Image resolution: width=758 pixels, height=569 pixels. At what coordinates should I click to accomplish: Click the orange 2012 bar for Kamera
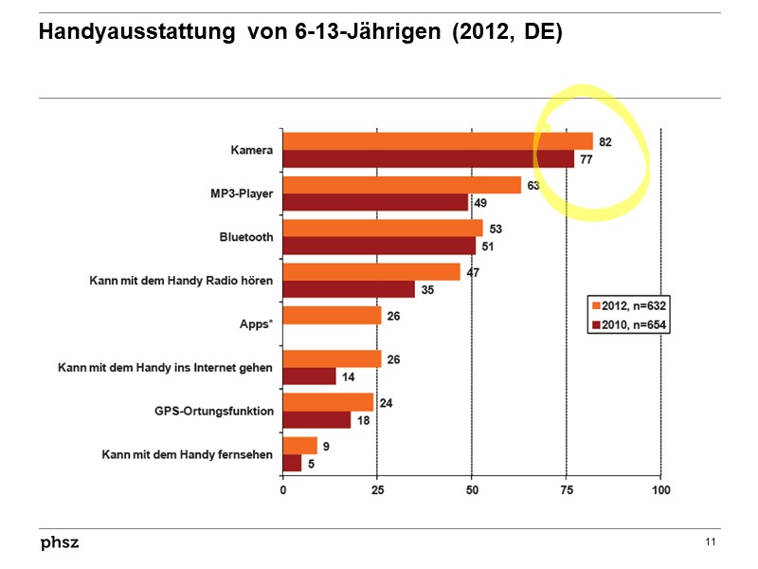pos(436,141)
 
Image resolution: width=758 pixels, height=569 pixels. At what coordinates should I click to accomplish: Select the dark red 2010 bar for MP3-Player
pos(375,202)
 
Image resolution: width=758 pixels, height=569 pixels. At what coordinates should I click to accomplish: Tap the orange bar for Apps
pos(332,315)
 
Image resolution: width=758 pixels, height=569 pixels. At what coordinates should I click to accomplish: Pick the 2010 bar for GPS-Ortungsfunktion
pos(316,419)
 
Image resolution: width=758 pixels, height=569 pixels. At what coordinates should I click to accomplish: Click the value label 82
pos(605,141)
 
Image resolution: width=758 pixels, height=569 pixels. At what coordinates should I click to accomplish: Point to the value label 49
pos(480,203)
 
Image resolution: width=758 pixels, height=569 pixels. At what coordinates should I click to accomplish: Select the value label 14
pos(348,376)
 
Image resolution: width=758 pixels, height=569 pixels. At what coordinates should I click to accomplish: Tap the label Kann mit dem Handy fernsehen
pos(188,454)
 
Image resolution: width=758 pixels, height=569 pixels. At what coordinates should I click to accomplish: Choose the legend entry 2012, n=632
pos(625,306)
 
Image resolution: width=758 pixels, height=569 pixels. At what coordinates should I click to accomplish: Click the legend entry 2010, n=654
pos(625,325)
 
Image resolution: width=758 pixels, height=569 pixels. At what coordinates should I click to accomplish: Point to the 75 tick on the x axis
pos(566,490)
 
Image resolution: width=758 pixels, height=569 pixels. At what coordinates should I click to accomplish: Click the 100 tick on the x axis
pos(660,490)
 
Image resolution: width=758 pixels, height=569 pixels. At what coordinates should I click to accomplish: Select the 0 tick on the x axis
pos(283,490)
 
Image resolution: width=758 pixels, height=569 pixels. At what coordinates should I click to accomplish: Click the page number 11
pos(711,541)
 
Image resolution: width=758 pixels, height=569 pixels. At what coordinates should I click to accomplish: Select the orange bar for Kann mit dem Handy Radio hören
pos(371,272)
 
